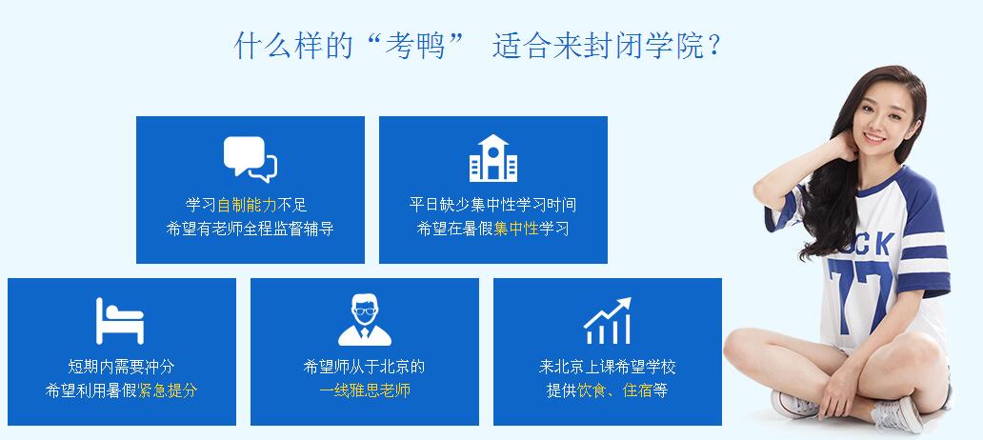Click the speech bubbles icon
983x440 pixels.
[251, 159]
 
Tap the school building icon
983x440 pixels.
[493, 158]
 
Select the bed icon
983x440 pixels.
[120, 321]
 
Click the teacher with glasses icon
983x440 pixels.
[364, 320]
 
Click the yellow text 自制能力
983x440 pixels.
[247, 205]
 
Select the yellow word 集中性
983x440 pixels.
[516, 229]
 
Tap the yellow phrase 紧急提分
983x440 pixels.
[168, 390]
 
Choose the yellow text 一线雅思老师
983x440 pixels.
[364, 390]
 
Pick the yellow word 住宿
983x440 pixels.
[637, 390]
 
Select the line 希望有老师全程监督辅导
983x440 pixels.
[251, 229]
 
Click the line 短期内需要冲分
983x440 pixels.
[121, 367]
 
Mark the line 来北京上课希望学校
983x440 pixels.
[608, 367]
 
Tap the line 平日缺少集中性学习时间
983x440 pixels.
[492, 205]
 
